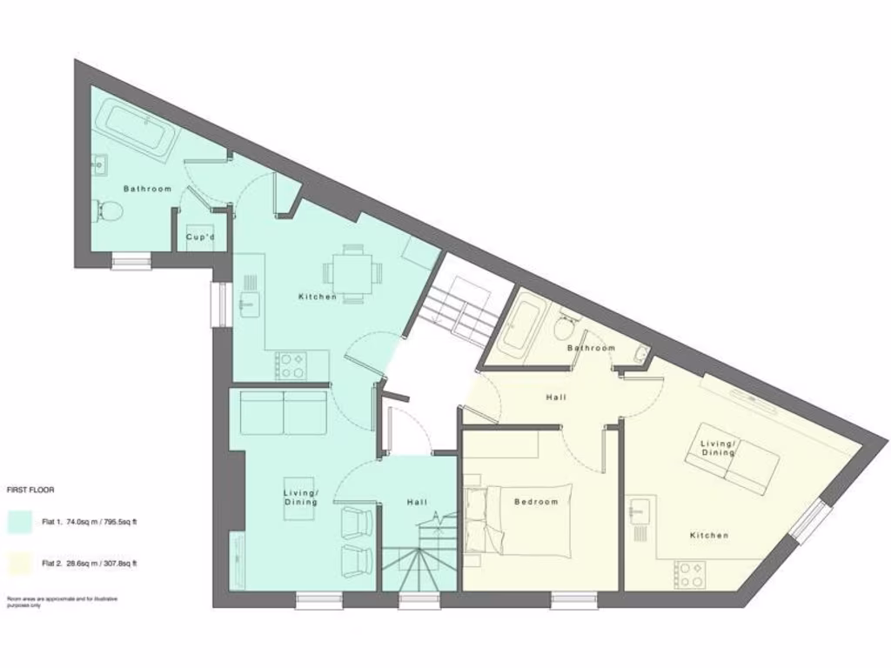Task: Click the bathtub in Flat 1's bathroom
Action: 137,130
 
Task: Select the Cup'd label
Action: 200,237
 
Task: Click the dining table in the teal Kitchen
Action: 352,273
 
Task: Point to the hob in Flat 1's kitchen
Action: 290,364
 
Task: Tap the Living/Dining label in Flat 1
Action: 300,498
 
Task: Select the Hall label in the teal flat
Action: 417,502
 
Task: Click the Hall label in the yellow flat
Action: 556,397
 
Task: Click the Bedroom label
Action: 535,502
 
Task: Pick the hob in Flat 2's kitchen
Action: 690,574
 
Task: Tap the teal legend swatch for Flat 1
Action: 21,522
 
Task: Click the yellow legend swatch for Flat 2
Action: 21,563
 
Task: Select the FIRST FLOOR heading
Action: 30,490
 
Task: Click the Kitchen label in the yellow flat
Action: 709,535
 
